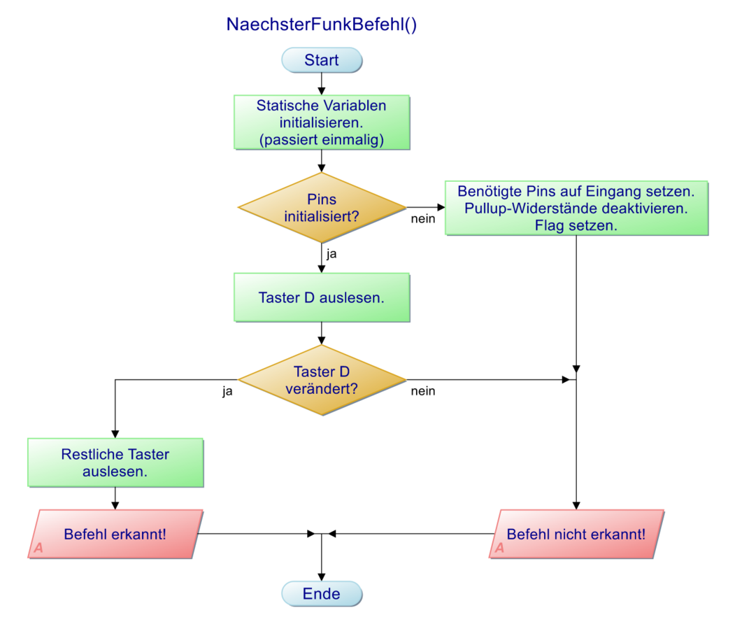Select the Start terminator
(322, 60)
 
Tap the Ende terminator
(322, 594)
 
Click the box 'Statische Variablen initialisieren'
(322, 122)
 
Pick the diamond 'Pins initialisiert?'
(322, 208)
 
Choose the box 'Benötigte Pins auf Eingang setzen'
(576, 208)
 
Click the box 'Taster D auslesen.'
(322, 297)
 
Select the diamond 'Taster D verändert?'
(322, 380)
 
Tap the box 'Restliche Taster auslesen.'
(115, 462)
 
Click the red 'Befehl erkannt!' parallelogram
(115, 534)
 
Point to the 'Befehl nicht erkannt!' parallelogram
(576, 534)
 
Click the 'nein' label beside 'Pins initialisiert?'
(423, 219)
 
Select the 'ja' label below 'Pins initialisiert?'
(332, 254)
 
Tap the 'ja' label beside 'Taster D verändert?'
(227, 391)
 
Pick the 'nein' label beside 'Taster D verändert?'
(423, 391)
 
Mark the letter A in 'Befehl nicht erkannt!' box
(499, 548)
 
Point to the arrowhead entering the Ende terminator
(322, 577)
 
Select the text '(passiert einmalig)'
(322, 139)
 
